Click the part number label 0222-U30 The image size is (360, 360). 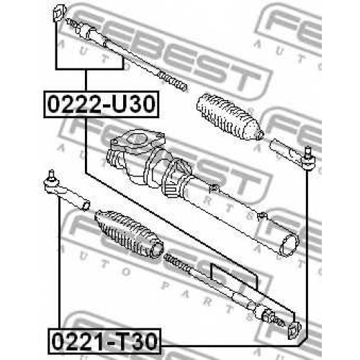pos(101,104)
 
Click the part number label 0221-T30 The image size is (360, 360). pos(104,341)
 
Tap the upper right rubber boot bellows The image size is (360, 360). pos(229,117)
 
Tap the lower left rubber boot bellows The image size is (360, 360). pos(129,234)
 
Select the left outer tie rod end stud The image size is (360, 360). pos(51,175)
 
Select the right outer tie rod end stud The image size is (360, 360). pos(307,152)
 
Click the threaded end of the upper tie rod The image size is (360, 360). pos(172,81)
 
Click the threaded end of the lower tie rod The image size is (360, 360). pos(178,263)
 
